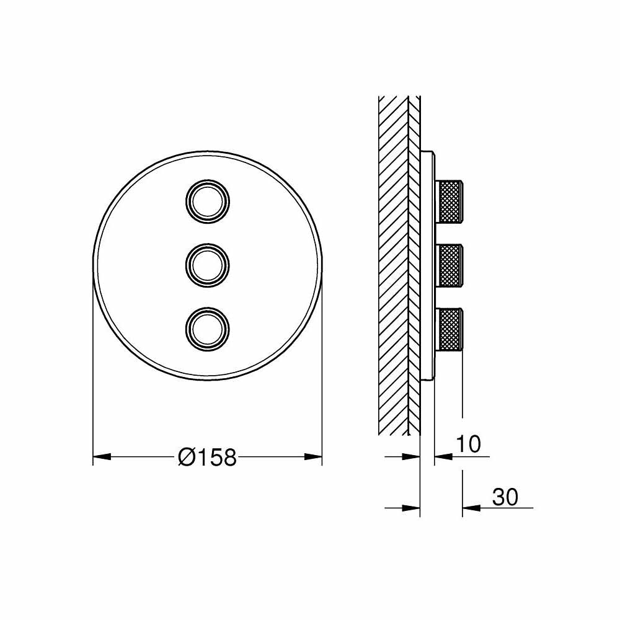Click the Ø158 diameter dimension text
[207, 458]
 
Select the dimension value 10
[469, 444]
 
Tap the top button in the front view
[208, 200]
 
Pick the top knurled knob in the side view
[451, 200]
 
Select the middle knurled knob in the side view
[451, 265]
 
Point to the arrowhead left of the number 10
[442, 457]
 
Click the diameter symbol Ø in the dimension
[185, 458]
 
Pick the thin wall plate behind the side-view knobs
[427, 265]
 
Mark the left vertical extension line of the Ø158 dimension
[92, 372]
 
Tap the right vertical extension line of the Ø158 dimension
[322, 372]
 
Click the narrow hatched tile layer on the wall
[414, 260]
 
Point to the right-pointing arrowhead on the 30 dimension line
[412, 508]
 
